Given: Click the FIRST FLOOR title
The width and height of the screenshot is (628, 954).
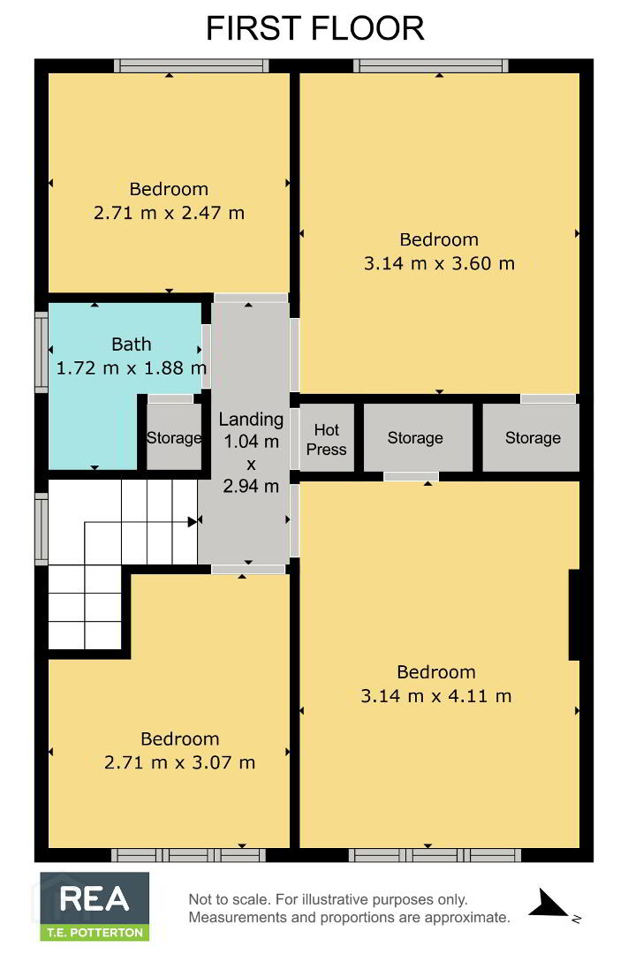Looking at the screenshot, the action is click(314, 28).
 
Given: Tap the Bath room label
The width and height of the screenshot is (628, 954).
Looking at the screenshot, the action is click(132, 344).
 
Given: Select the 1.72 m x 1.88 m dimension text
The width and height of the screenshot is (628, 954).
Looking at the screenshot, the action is click(132, 367).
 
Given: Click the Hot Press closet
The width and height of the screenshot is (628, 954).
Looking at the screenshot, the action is click(327, 437).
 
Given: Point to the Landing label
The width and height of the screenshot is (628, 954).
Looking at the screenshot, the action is click(251, 419).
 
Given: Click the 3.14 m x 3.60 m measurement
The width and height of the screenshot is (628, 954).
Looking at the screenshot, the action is click(439, 263).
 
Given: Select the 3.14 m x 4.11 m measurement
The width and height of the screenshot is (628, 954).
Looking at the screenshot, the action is click(436, 696).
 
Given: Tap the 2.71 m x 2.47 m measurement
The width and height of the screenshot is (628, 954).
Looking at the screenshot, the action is click(170, 213).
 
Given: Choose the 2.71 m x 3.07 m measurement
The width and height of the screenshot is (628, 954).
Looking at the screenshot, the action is click(179, 762).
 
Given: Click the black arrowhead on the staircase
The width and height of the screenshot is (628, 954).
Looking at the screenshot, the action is click(193, 521).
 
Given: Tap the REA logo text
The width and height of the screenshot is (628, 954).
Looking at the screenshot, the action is click(95, 898).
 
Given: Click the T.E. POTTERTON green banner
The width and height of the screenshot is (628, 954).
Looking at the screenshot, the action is click(95, 932).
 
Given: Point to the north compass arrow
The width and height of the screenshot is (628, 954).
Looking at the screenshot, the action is click(551, 903).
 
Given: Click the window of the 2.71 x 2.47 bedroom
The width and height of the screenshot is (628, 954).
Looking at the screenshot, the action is click(191, 65).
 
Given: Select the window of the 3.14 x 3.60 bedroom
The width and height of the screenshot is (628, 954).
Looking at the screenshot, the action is click(431, 65).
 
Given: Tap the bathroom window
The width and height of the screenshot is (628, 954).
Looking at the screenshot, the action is click(42, 352).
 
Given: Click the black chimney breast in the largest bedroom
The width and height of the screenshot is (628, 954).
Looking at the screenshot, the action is click(574, 615).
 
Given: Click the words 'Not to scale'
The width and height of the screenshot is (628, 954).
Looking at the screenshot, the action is click(229, 899).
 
